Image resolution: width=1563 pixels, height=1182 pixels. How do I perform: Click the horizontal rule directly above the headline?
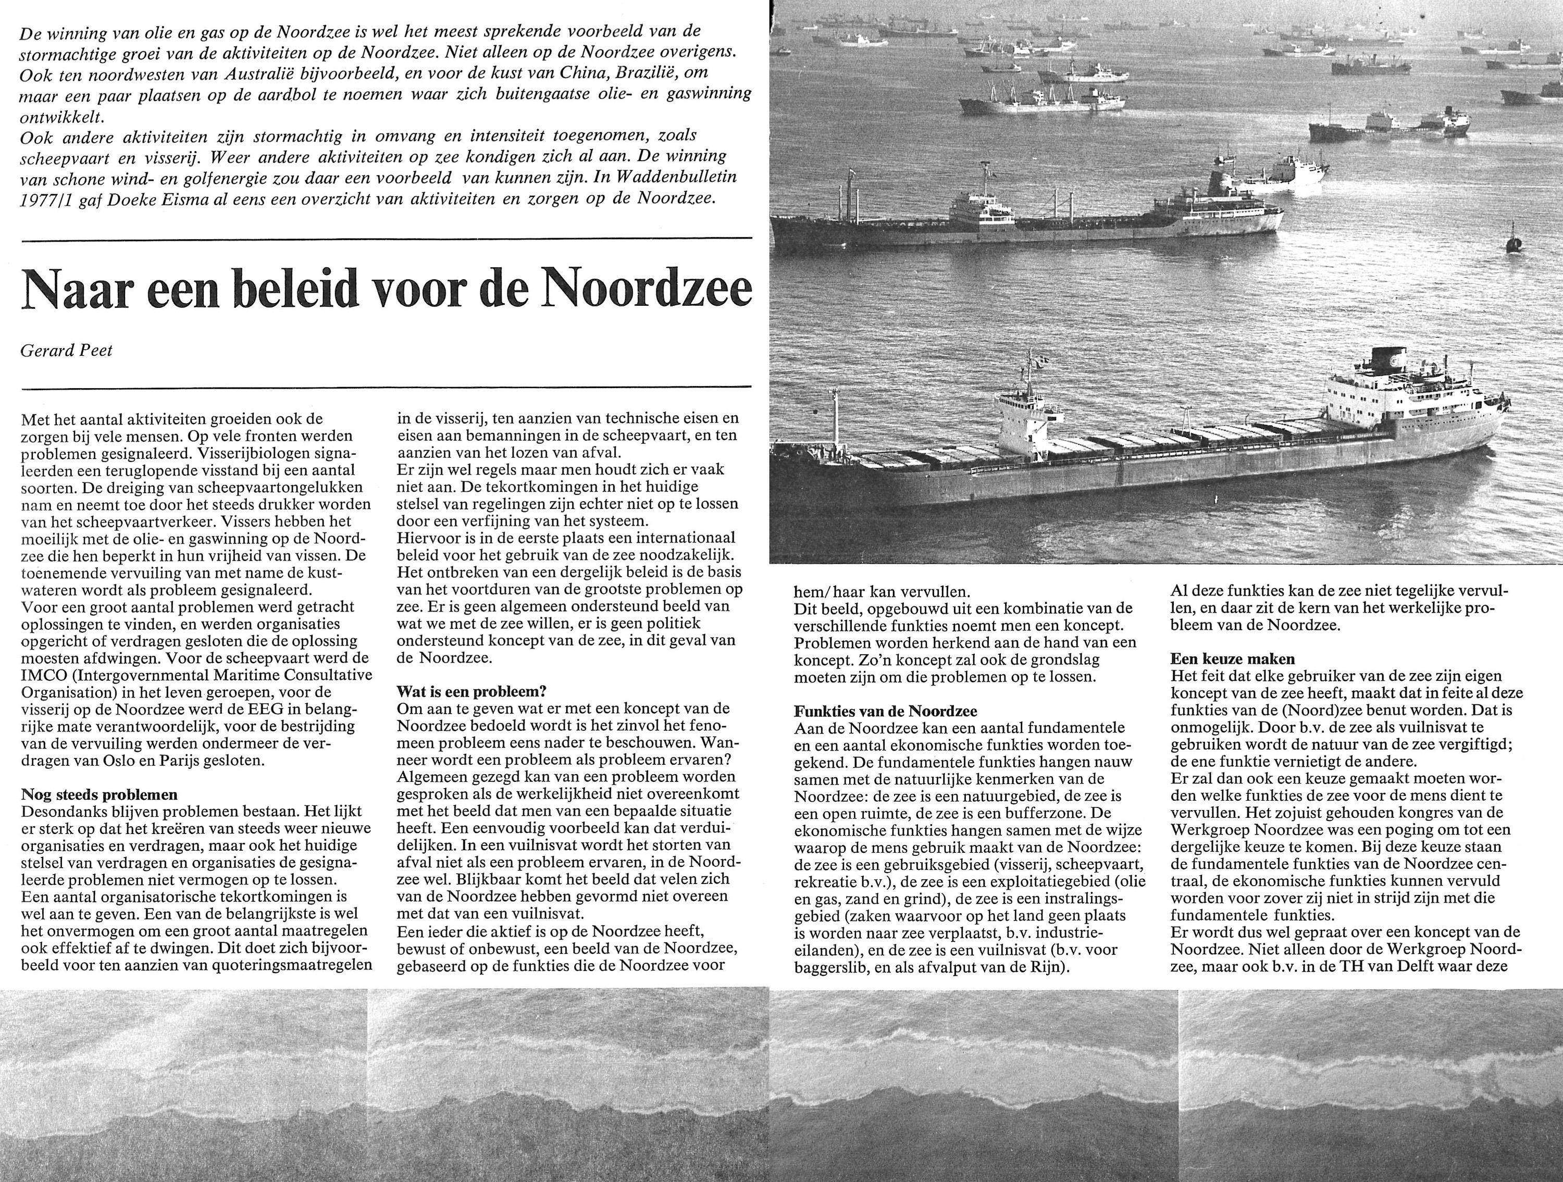[387, 240]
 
